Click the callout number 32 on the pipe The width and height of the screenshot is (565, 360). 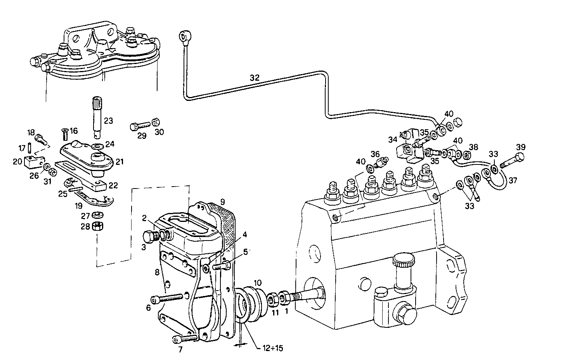[254, 78]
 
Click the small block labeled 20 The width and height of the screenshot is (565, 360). [34, 160]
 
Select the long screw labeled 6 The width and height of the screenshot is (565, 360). [166, 298]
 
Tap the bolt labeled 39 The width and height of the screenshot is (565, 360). [513, 161]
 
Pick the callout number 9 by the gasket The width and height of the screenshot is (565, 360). [222, 201]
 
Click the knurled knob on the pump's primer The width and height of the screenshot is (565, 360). [403, 261]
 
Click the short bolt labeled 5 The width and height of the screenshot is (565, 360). [224, 266]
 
